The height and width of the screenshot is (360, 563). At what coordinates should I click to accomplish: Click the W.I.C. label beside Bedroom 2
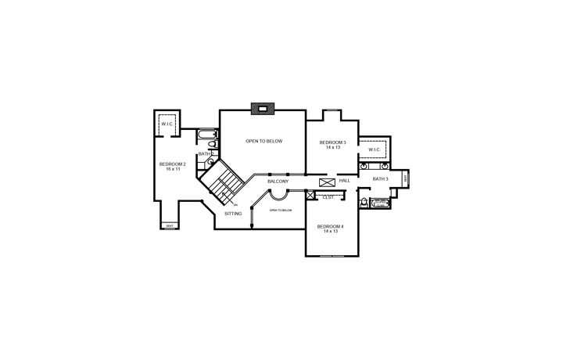click(x=167, y=124)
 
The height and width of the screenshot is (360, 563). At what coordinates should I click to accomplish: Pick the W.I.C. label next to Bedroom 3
click(x=374, y=149)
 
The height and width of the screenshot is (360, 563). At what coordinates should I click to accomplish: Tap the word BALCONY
click(x=278, y=182)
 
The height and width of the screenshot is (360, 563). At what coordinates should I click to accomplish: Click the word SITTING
click(x=233, y=214)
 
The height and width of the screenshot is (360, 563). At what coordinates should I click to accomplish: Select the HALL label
click(x=344, y=181)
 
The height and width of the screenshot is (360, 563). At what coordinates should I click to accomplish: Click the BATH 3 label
click(x=380, y=179)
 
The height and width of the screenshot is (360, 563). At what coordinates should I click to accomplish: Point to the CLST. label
click(x=328, y=197)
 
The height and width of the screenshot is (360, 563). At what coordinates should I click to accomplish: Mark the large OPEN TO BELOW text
click(x=264, y=141)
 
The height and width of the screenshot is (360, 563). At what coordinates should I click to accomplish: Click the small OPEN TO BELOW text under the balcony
click(x=281, y=210)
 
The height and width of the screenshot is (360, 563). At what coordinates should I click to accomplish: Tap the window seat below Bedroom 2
click(x=170, y=225)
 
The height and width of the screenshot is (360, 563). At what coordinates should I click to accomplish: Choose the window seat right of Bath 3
click(x=404, y=178)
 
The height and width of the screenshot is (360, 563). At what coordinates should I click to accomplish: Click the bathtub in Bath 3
click(x=380, y=203)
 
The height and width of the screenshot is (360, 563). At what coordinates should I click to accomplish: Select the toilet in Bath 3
click(x=364, y=203)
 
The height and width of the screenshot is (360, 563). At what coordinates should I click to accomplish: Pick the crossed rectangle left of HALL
click(x=327, y=182)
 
